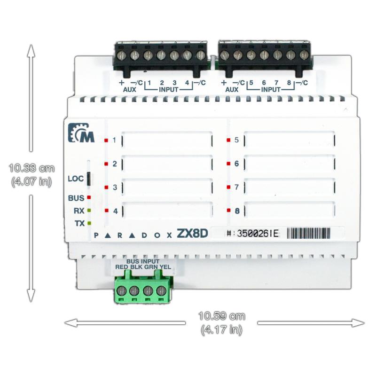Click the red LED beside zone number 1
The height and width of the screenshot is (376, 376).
(x=106, y=140)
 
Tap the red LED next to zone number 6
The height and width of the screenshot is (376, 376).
(x=228, y=164)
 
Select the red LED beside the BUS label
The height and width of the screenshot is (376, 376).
(x=89, y=197)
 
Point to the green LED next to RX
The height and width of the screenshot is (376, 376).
(x=89, y=211)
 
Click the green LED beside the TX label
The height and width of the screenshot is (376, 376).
(x=89, y=223)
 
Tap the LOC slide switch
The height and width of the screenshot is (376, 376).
(x=88, y=179)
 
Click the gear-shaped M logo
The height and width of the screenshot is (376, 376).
(x=81, y=133)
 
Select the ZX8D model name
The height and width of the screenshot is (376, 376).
(x=192, y=234)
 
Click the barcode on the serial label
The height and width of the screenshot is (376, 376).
(x=308, y=233)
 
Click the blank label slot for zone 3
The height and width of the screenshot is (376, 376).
(x=167, y=187)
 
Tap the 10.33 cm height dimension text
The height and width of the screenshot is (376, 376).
(x=31, y=168)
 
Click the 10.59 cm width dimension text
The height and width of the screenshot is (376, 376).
(x=222, y=316)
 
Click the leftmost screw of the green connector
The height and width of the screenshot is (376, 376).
(x=121, y=291)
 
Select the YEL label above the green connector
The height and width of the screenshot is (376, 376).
(x=165, y=267)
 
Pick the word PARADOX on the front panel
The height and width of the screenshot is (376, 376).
(x=133, y=235)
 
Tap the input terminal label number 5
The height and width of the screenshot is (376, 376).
(x=251, y=83)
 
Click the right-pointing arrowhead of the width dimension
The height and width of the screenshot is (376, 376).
(x=358, y=323)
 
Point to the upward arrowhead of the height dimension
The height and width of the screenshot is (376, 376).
(x=31, y=51)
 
